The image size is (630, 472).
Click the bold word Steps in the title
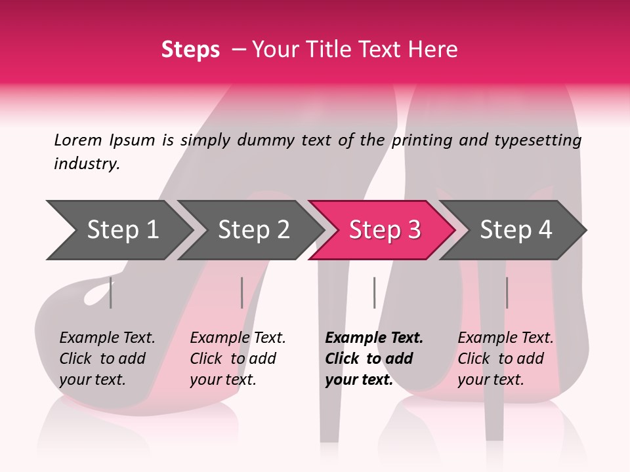pyautogui.click(x=190, y=50)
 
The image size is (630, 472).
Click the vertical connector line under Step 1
pyautogui.click(x=111, y=293)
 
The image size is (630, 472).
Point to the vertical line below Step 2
pyautogui.click(x=242, y=293)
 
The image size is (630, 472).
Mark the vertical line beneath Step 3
pyautogui.click(x=374, y=293)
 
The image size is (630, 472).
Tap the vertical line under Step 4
pyautogui.click(x=507, y=293)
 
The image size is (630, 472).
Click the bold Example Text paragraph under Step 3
pyautogui.click(x=374, y=359)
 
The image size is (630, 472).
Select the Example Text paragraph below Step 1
pyautogui.click(x=107, y=359)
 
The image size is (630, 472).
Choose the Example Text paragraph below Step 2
pyautogui.click(x=238, y=359)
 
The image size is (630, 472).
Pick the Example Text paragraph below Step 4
pyautogui.click(x=505, y=359)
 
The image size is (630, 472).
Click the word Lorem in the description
pyautogui.click(x=78, y=140)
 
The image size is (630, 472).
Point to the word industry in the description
pyautogui.click(x=87, y=164)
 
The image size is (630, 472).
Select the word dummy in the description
pyautogui.click(x=273, y=140)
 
